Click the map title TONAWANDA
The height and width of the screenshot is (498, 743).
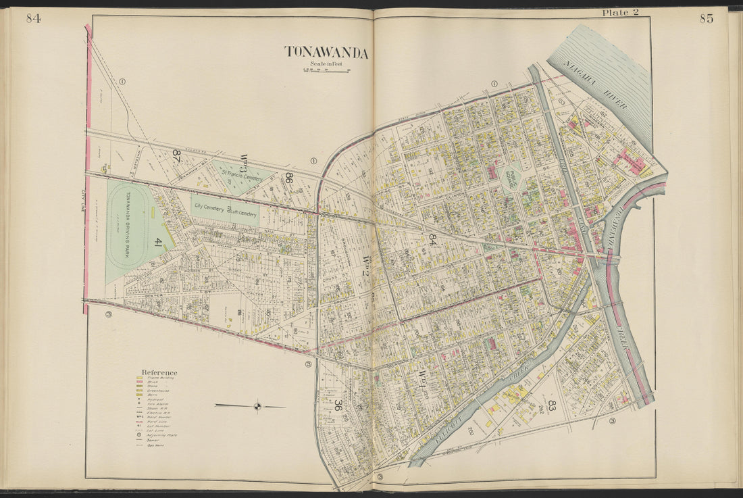[326, 53]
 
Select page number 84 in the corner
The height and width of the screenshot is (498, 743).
[33, 18]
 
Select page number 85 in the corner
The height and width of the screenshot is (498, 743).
[706, 18]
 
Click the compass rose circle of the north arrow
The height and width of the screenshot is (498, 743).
[257, 406]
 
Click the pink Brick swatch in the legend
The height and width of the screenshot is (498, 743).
[139, 382]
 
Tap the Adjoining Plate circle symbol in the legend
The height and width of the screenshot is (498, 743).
[139, 436]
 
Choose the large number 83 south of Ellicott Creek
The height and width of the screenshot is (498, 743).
[552, 405]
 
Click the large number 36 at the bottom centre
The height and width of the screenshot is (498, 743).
[337, 405]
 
